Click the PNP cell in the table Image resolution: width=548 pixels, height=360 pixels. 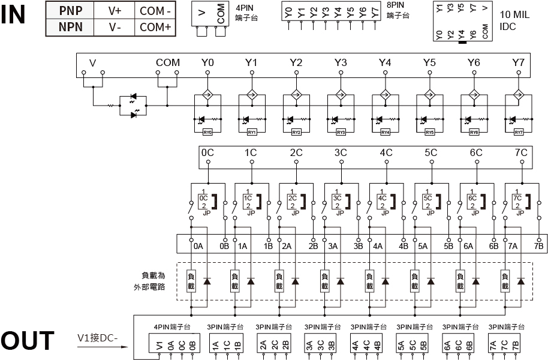71,10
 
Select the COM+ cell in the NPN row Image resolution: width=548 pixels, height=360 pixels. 155,27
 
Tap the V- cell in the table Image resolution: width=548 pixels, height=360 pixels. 115,27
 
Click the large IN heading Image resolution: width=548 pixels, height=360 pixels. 13,14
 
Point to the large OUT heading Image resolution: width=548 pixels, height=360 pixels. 28,341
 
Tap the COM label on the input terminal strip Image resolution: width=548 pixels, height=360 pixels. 167,62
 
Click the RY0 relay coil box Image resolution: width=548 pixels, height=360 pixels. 207,132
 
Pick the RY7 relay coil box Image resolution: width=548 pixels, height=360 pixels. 519,132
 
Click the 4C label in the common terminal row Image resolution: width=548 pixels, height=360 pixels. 386,152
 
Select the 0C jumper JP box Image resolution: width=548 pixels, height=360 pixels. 204,201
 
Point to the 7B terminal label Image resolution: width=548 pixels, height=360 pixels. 538,245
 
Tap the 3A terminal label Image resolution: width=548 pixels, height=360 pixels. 333,245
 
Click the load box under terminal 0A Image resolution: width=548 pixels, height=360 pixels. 192,281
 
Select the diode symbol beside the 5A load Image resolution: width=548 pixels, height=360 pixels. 430,281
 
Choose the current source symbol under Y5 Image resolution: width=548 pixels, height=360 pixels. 429,94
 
